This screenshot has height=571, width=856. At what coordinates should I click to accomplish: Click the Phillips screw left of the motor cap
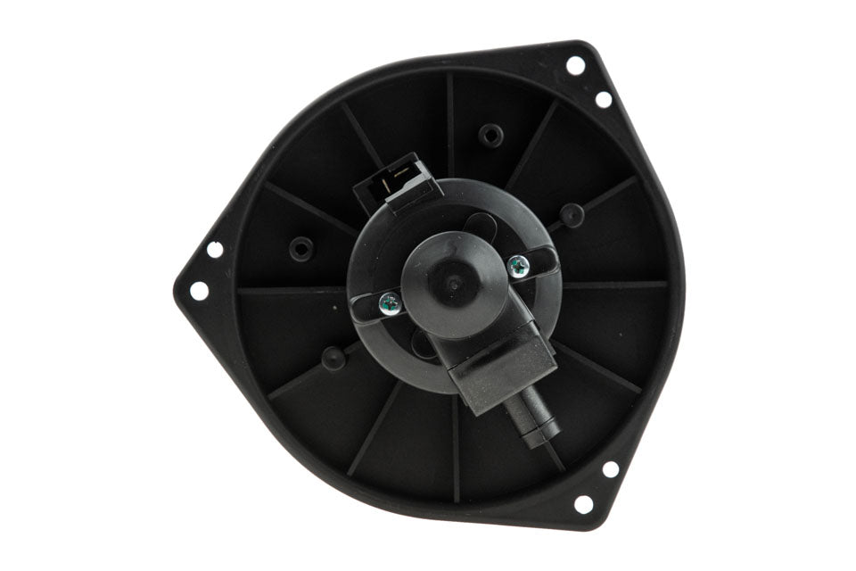(389, 303)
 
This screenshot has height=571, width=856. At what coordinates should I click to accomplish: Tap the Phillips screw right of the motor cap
(517, 264)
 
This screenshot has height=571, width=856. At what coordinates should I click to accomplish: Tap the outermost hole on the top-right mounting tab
(575, 65)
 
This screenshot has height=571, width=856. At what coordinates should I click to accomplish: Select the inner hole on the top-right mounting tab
(604, 99)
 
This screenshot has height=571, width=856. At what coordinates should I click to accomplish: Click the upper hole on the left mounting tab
(214, 249)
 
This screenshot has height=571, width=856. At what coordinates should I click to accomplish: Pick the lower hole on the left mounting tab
(198, 290)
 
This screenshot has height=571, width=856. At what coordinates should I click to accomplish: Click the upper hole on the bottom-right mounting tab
(611, 468)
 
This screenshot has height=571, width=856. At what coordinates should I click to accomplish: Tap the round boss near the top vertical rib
(490, 135)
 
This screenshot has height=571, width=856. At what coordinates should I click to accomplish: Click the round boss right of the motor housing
(572, 214)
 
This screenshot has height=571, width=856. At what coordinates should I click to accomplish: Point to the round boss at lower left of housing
(333, 358)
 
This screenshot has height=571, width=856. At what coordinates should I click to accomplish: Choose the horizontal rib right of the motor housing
(615, 285)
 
